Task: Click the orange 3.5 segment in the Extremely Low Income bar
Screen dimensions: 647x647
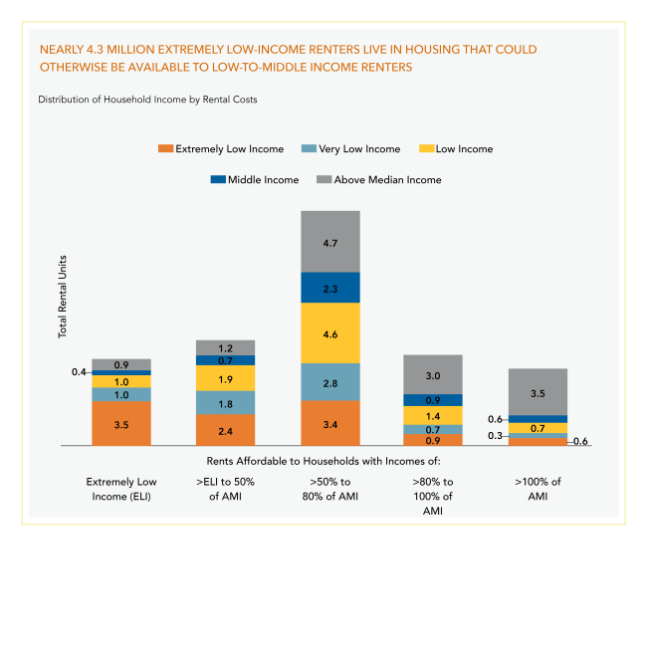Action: (x=121, y=423)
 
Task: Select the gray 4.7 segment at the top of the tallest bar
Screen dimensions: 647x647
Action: (x=329, y=241)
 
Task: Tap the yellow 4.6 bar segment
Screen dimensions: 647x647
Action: (x=329, y=332)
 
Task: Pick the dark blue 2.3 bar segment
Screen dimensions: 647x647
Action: (x=329, y=288)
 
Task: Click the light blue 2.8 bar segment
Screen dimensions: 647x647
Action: (x=329, y=382)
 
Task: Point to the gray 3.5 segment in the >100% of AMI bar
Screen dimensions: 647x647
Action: (x=538, y=392)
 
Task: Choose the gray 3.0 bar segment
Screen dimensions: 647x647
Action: (x=433, y=375)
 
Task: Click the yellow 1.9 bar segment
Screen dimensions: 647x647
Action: (x=225, y=378)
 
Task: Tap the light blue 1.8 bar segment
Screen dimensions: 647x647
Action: (x=225, y=402)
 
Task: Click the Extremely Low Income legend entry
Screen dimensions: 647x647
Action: (x=220, y=149)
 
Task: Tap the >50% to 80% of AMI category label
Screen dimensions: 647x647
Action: (x=329, y=489)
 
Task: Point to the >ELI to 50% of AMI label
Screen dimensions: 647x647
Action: (x=225, y=489)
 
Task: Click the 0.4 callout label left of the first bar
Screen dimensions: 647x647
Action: (x=79, y=372)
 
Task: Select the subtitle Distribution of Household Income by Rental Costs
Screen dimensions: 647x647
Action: (x=147, y=100)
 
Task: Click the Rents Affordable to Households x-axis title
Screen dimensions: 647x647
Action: (x=323, y=461)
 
